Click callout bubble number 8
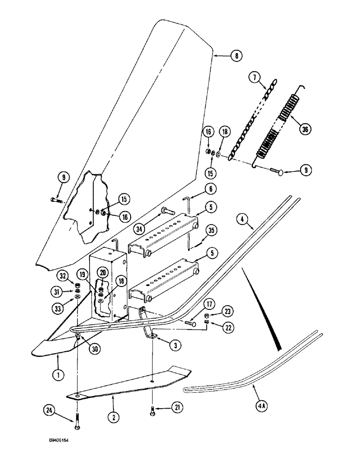[x=236, y=55]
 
